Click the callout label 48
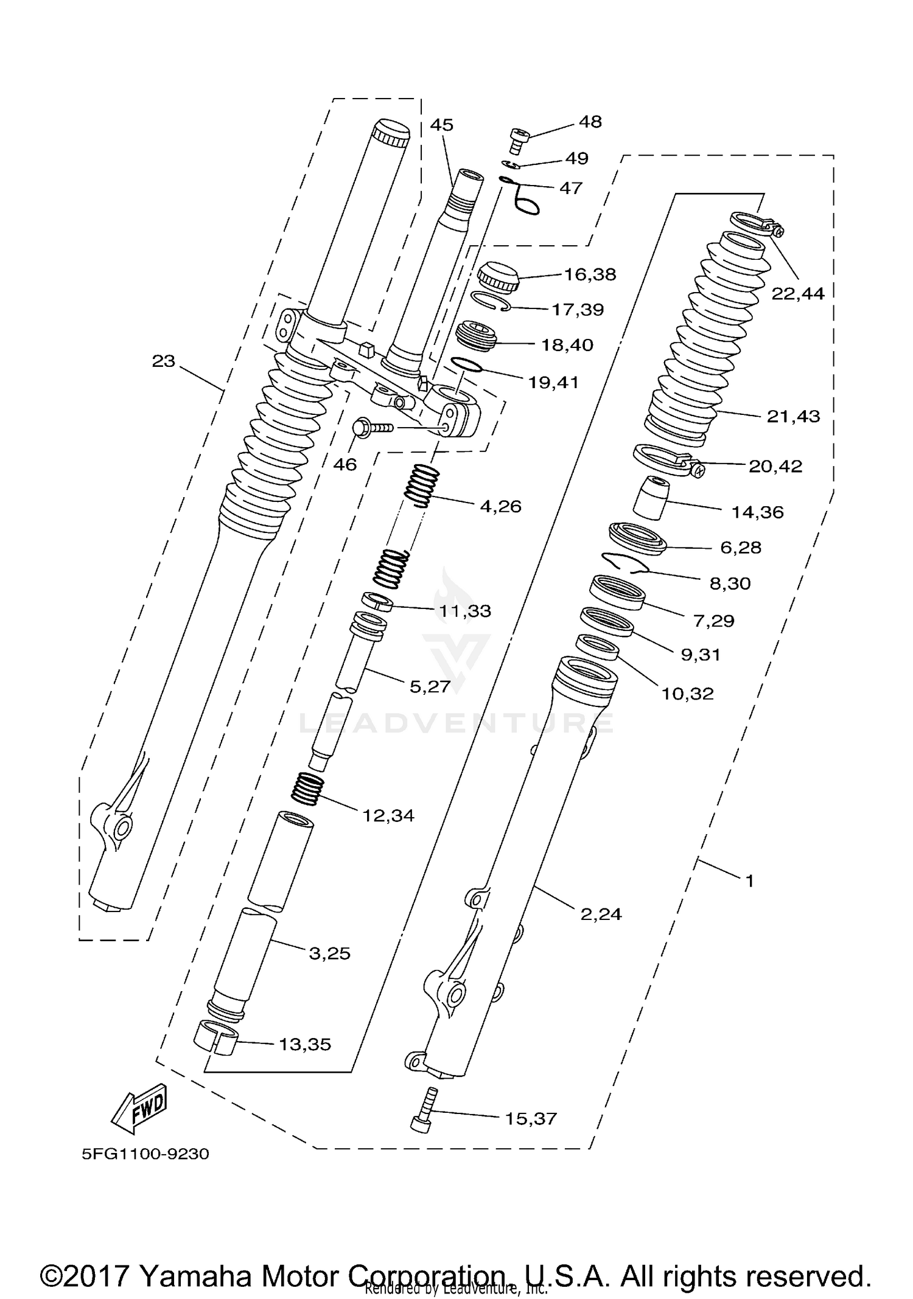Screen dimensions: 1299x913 [x=590, y=122]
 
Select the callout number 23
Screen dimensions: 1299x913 [x=163, y=361]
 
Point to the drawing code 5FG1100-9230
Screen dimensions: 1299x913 [x=145, y=1154]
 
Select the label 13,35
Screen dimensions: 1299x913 [x=304, y=1044]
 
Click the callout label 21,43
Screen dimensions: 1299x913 [x=792, y=417]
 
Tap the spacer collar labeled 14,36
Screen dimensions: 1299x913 [x=650, y=498]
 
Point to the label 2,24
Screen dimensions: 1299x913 [x=601, y=914]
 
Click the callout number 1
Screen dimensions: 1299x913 [x=749, y=880]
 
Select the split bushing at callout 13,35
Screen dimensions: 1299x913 [x=216, y=1037]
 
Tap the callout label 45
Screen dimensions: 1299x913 [x=441, y=125]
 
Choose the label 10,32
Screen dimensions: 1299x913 [x=687, y=693]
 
